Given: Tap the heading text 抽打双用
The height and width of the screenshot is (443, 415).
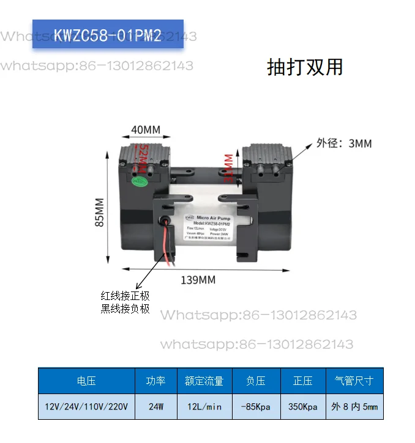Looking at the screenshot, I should pos(305,67).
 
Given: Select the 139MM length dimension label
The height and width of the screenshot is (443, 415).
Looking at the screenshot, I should pos(198,280).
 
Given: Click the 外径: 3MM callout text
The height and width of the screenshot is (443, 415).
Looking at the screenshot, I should pos(344,144).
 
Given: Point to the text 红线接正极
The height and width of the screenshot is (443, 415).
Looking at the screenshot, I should pos(125,296).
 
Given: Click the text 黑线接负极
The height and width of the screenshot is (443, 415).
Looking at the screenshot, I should pos(125,309).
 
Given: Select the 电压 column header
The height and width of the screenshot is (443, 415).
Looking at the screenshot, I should pos(86,381).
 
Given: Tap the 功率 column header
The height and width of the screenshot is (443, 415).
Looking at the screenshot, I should pos(155,381).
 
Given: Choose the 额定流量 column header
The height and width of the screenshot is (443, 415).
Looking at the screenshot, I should pos(204,381).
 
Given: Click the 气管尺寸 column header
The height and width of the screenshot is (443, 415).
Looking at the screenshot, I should pos(355,381).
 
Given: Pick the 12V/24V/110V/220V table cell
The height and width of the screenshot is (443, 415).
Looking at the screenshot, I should pos(86,406).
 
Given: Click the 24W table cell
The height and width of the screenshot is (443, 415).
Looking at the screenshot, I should pos(155,406).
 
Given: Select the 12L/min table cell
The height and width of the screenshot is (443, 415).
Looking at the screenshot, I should pos(204,406).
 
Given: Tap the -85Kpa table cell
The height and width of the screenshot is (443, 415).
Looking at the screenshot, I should pos(256,406).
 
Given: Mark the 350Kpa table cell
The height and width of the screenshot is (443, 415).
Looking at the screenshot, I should pos(303,406).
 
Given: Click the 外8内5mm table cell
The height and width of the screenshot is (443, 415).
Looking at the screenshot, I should pos(355,406).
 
